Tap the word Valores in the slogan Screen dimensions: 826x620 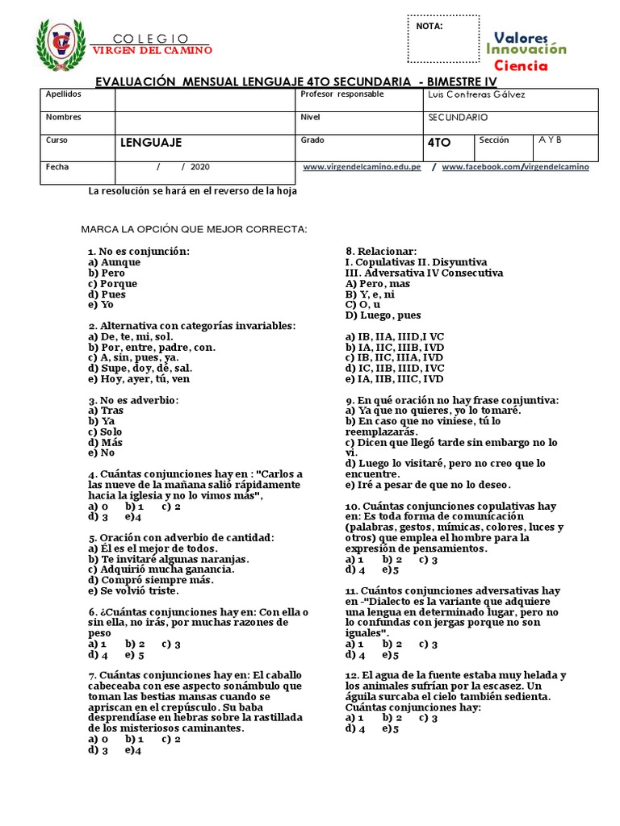click(x=521, y=38)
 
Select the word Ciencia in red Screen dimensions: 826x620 click(x=521, y=65)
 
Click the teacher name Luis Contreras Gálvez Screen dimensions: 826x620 click(x=474, y=95)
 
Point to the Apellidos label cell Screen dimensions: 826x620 click(x=64, y=94)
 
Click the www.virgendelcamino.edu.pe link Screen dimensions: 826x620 click(x=362, y=167)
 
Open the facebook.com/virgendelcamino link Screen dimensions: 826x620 click(x=515, y=167)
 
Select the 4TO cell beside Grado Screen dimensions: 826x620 click(x=439, y=143)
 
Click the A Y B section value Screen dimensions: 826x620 click(x=550, y=140)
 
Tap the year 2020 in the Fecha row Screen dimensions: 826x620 click(x=200, y=167)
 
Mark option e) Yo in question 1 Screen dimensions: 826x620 click(x=102, y=305)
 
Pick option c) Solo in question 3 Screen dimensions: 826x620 click(x=107, y=432)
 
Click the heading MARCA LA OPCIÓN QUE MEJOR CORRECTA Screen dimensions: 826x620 click(x=195, y=230)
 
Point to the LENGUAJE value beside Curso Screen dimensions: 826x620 click(x=151, y=143)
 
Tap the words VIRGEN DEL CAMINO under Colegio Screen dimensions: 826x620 click(x=152, y=50)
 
